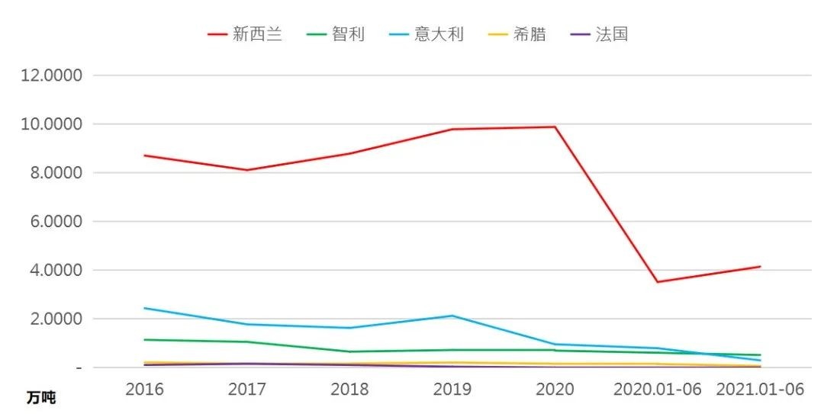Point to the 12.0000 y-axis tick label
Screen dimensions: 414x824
(x=54, y=75)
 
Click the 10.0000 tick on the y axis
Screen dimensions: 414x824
(x=54, y=124)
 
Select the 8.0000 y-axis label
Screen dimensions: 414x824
(x=58, y=173)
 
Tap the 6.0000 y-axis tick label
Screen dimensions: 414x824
(x=58, y=222)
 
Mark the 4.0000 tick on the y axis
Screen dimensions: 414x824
(x=58, y=271)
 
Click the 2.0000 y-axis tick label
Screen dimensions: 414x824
(x=58, y=319)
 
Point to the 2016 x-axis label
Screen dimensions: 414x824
(x=144, y=389)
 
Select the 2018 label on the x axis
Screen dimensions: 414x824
(x=349, y=389)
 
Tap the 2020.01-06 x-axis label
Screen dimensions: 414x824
(x=658, y=389)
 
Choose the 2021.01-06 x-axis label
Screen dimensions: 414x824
(x=761, y=389)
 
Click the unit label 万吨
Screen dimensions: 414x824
(x=41, y=398)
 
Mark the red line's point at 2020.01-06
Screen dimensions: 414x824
(x=658, y=282)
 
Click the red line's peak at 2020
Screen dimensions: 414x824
(x=555, y=127)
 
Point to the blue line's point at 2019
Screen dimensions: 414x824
(x=452, y=316)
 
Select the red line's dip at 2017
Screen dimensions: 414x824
(x=247, y=170)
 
